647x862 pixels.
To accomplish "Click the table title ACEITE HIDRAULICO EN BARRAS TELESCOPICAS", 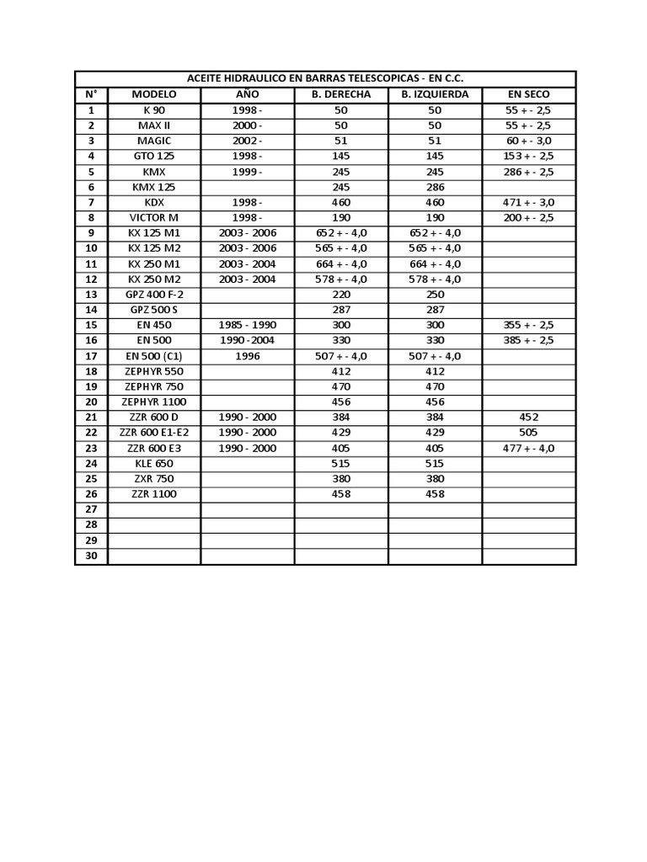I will tap(325, 78).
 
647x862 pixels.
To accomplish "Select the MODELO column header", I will tap(154, 94).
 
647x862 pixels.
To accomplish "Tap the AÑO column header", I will tap(248, 94).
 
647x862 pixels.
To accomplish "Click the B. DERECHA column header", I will tap(340, 94).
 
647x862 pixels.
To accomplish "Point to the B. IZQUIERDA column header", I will tap(435, 94).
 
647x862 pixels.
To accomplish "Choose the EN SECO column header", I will tap(529, 94).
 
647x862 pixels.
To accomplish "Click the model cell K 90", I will tap(154, 110).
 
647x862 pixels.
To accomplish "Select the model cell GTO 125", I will tap(154, 156).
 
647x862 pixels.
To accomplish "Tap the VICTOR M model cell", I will tap(154, 217).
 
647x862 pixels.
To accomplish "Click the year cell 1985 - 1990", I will tap(248, 325).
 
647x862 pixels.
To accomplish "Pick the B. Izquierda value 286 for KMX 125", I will tap(435, 187).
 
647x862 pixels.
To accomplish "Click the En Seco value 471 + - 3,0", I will tap(529, 202).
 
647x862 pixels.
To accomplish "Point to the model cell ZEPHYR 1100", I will tap(154, 402).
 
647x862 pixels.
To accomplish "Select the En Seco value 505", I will tap(529, 433).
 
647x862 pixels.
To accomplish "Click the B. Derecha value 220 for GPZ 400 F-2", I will tap(340, 294).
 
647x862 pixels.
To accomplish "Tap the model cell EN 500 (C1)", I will tap(154, 355).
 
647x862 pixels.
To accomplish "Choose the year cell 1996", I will tap(248, 355).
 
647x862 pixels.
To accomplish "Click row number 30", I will tap(91, 556).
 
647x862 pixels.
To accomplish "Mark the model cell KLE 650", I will tap(154, 463).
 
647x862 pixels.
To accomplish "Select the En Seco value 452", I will tap(529, 417).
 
